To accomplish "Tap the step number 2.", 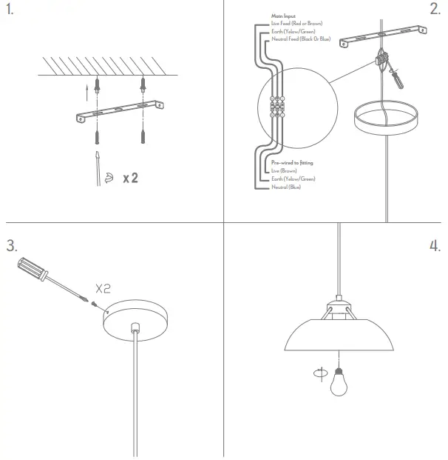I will coord(435,10).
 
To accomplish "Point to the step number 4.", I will coord(435,246).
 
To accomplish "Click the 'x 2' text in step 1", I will coord(131,178).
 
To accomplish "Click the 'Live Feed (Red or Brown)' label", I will coord(297,24).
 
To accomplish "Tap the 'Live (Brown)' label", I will coord(284,170).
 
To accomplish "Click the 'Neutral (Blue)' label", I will coord(286,187).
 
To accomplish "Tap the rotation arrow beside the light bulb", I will coord(318,375).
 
